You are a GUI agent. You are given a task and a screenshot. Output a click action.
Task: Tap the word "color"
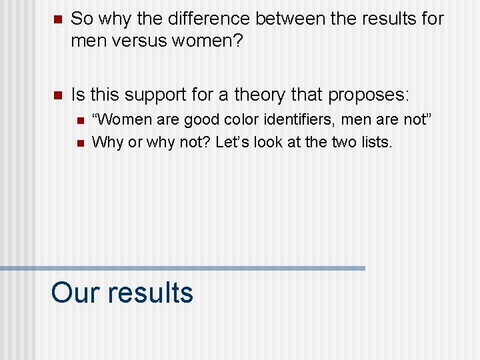click(x=235, y=121)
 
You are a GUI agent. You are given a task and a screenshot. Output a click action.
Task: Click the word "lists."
click(x=375, y=141)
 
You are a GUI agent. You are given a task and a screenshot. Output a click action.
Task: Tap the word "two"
click(x=340, y=141)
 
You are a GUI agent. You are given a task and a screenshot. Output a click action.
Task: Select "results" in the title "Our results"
click(x=151, y=293)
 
